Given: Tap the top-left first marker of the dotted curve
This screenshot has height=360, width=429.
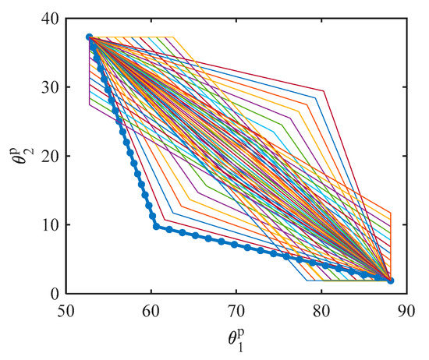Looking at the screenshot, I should (89, 37).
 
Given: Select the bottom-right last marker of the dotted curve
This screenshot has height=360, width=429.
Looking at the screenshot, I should (391, 281).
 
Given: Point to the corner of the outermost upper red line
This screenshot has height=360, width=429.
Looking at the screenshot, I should (324, 91).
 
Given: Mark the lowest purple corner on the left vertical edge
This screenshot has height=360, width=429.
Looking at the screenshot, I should (90, 105).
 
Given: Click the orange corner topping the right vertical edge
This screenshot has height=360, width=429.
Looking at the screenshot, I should (391, 212).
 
